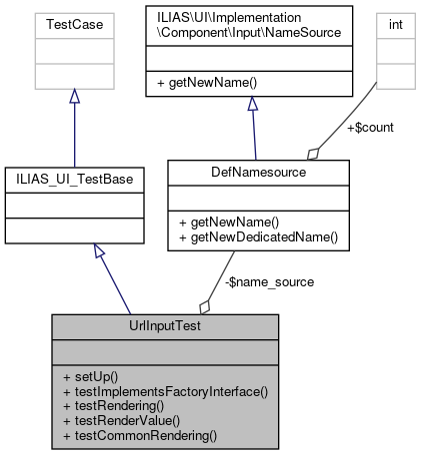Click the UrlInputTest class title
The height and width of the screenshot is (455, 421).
click(161, 327)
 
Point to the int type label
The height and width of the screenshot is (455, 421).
click(394, 20)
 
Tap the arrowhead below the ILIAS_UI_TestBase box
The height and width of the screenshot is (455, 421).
click(99, 252)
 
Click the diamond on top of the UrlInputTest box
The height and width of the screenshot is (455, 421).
click(204, 306)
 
